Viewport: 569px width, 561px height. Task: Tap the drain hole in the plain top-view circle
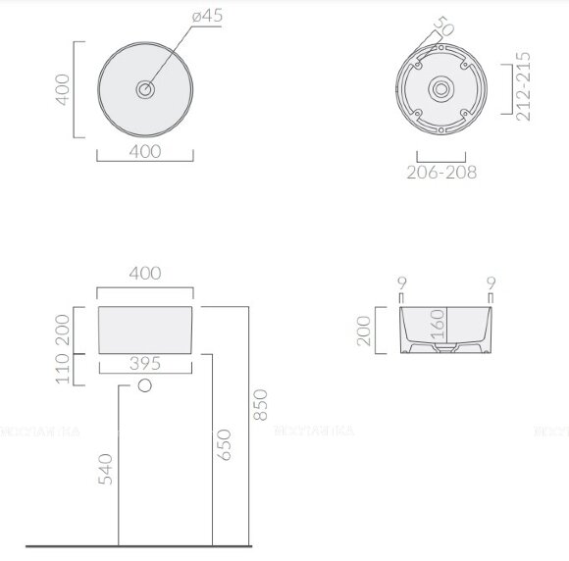pos(145,89)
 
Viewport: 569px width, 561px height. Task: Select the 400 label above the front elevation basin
pos(145,274)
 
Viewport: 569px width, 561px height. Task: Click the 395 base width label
pos(145,363)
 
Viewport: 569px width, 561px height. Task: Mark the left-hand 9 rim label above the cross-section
pos(400,284)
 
